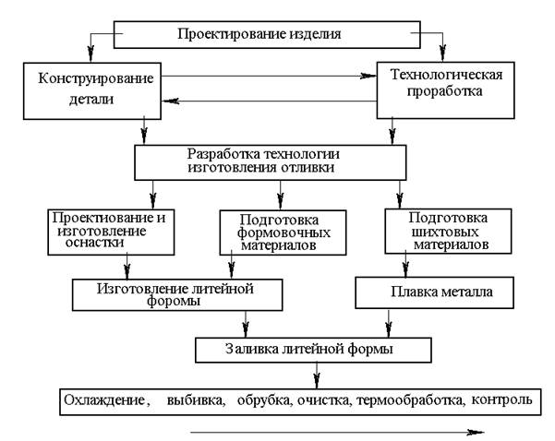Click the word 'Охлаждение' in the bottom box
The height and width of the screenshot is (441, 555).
[x=104, y=400]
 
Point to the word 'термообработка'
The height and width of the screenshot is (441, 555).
[x=409, y=400]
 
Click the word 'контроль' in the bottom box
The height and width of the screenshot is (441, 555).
[x=502, y=400]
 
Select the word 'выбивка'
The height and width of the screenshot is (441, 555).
[x=195, y=400]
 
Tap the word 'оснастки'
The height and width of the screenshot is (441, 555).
[x=94, y=244]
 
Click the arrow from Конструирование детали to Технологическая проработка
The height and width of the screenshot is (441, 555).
[x=269, y=76]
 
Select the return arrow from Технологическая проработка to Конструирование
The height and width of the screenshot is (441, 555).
[x=269, y=101]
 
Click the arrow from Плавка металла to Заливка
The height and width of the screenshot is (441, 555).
[x=389, y=323]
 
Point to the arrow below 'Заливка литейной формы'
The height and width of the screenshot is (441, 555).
[x=317, y=375]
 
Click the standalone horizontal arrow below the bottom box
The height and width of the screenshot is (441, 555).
[x=337, y=432]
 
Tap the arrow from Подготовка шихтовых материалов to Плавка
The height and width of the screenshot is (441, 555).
[x=405, y=265]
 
